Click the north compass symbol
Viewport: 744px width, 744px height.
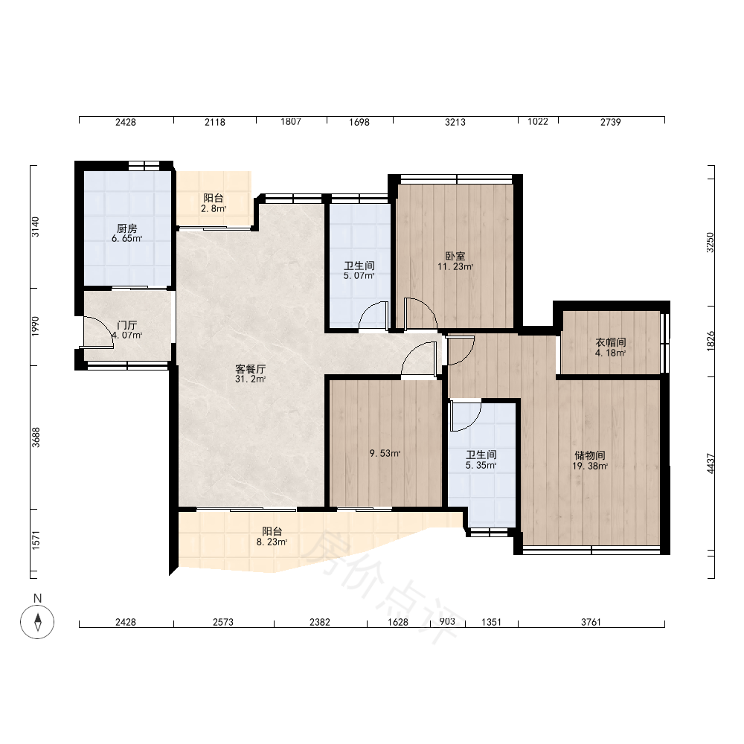37,621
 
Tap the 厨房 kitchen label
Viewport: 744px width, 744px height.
126,228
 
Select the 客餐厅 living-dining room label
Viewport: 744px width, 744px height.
250,369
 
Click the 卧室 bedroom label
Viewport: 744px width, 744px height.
455,256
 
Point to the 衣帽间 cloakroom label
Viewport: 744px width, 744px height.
611,342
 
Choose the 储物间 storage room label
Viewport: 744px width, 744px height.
590,455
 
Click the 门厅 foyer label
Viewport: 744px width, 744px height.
126,325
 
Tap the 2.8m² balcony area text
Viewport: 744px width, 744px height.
214,208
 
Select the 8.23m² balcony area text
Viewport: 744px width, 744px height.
272,542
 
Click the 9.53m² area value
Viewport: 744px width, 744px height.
385,453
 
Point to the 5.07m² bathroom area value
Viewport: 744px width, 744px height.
359,276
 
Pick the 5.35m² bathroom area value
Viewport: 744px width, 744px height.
481,466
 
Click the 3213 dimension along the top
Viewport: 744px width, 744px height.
455,122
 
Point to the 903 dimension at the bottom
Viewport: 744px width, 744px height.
447,621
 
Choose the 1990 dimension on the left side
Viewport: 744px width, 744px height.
36,327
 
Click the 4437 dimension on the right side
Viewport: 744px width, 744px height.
711,464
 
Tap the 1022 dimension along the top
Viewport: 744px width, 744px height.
538,121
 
